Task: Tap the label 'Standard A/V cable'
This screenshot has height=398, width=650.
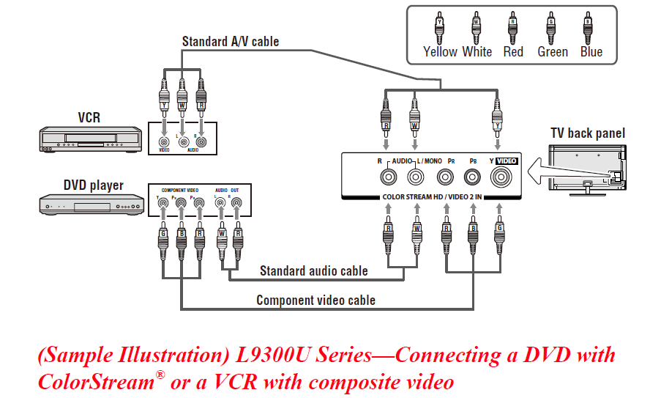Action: tap(230, 42)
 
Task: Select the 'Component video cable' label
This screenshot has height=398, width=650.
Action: tap(315, 300)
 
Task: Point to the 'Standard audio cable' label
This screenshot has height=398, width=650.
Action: tap(313, 270)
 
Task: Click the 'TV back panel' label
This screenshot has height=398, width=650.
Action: tap(588, 133)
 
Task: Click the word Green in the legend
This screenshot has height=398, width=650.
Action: tap(552, 52)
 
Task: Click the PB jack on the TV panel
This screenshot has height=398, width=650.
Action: tap(473, 177)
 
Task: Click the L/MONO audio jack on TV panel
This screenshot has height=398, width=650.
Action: tap(415, 177)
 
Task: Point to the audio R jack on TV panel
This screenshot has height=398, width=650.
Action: tap(386, 177)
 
